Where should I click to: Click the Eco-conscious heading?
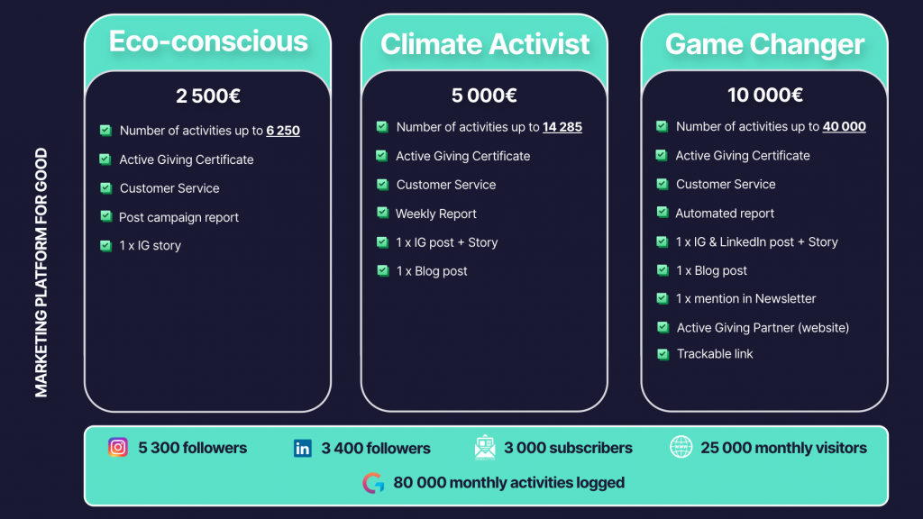coord(208,41)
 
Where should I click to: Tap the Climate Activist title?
coord(484,44)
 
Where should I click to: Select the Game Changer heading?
coord(764,44)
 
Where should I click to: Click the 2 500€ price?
coord(208,96)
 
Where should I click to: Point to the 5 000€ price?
coord(484,96)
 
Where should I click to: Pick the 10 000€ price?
coord(764,95)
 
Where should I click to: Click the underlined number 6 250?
coord(282,131)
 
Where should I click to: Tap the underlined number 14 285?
coord(562,127)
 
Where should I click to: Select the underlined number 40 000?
coord(844,126)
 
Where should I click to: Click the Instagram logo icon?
coord(118,447)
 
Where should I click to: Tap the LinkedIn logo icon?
coord(303,449)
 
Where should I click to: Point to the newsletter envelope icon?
coord(484,447)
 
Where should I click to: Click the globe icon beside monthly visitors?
coord(681,447)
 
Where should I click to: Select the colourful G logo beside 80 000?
coord(373,483)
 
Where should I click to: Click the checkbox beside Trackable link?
coord(663,354)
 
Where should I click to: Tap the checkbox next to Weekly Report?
coord(382,213)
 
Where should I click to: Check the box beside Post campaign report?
coord(106,216)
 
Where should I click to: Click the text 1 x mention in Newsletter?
coord(745,299)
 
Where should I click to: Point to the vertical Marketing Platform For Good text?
coord(41,272)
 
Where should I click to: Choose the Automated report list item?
coord(725,214)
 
